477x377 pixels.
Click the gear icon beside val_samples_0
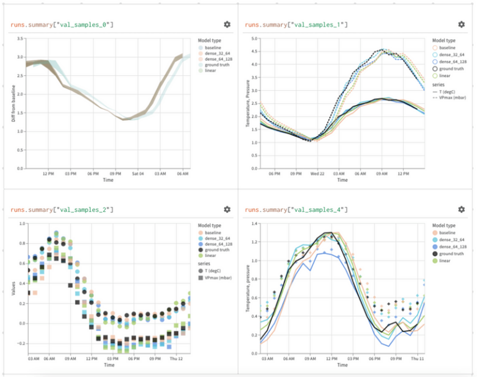[x=227, y=24]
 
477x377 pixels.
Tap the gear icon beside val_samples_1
[x=461, y=24]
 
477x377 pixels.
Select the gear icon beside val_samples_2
[x=227, y=210]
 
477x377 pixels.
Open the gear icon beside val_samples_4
[x=461, y=210]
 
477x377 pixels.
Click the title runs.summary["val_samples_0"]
[x=62, y=24]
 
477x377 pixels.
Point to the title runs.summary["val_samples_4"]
[x=296, y=210]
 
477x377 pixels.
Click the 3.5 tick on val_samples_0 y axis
[x=20, y=39]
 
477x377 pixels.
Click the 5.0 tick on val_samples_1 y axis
[x=254, y=39]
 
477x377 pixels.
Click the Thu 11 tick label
[x=416, y=360]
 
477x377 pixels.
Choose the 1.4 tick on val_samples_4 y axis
[x=254, y=223]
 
